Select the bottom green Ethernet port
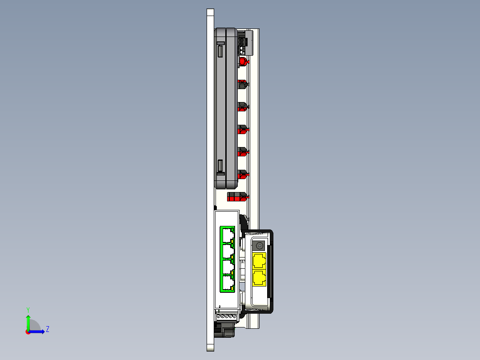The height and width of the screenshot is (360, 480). tap(228, 283)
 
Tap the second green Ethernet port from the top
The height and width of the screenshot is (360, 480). tap(228, 251)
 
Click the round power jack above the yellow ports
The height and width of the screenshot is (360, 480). tap(260, 245)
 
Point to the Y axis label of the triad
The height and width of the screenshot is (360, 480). tap(28, 309)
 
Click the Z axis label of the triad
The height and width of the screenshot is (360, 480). tap(47, 330)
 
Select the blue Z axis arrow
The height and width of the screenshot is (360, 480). tap(38, 331)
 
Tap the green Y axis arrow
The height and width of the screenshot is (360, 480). tap(28, 321)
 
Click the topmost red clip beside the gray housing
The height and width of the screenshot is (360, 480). tap(243, 61)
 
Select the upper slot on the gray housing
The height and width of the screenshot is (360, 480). tap(220, 51)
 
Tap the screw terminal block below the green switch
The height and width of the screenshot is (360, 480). tap(227, 316)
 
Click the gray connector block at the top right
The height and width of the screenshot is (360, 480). tap(246, 42)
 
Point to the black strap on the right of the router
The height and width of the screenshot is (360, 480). tap(271, 272)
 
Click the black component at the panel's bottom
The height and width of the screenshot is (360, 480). tap(225, 330)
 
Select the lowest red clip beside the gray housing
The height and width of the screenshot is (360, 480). tap(243, 174)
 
